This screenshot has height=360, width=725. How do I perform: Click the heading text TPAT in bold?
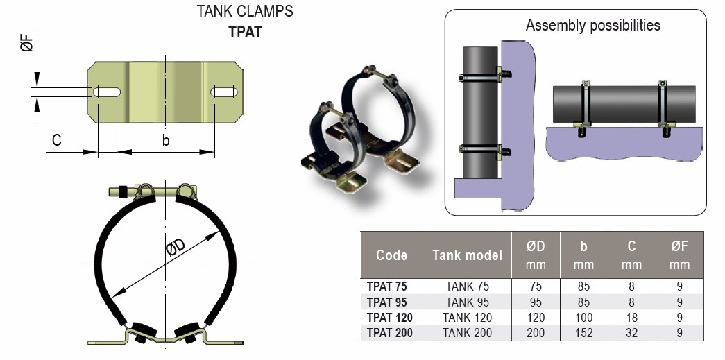245,32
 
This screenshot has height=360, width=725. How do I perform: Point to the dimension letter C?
56,140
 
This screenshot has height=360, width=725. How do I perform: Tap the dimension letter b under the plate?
165,140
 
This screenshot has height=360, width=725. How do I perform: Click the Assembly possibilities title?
592,26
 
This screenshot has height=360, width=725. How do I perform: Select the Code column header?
391,255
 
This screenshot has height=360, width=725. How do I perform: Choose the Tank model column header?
467,255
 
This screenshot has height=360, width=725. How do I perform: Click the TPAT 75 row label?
386,286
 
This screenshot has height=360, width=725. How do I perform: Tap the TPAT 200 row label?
389,333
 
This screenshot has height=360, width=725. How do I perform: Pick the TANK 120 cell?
468,318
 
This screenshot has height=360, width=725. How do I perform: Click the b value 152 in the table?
583,333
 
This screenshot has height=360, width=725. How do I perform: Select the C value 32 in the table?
631,333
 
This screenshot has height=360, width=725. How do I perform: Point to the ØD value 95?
535,302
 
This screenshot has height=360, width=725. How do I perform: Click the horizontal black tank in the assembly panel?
624,104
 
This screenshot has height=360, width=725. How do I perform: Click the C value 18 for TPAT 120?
631,318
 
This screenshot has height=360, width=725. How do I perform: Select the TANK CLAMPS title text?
245,12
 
